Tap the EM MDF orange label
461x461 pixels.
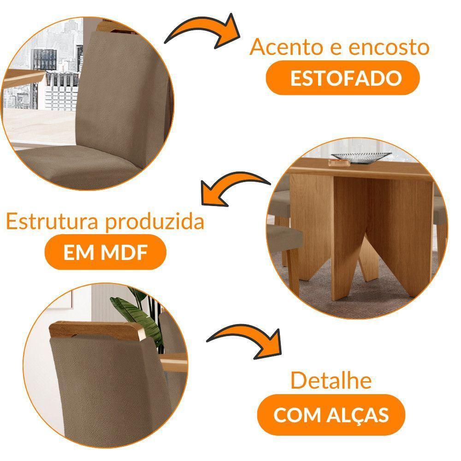pos(105,254)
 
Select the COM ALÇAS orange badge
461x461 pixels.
pos(331,415)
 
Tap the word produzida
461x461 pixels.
pos(154,222)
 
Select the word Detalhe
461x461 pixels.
pos(331,382)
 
